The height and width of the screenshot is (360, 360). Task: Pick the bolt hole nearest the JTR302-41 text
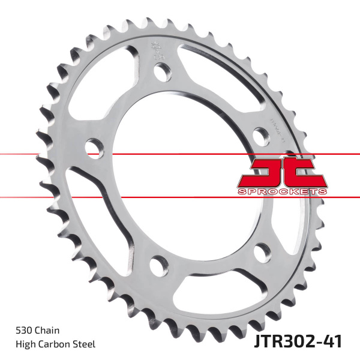coord(262,251)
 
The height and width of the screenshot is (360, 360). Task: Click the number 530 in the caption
coord(24,331)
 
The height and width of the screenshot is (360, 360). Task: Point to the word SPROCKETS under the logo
coord(281,191)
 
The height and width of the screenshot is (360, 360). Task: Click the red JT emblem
coord(281,172)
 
